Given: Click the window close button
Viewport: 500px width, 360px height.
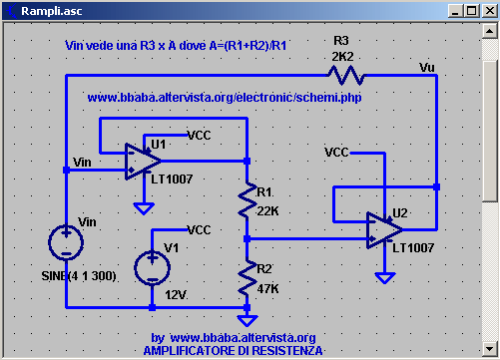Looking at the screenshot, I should [x=487, y=10].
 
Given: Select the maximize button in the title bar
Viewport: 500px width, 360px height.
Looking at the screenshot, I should [x=470, y=10].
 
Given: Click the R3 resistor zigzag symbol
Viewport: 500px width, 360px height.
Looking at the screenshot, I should [x=343, y=75].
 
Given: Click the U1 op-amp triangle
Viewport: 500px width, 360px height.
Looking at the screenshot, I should [x=143, y=160].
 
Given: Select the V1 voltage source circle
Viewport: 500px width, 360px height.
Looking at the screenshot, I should [x=152, y=265].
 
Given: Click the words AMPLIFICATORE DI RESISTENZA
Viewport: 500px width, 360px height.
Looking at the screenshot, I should [x=233, y=351].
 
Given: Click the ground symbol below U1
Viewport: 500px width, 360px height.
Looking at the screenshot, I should [x=144, y=208].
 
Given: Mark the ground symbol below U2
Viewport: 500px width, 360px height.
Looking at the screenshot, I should [x=381, y=278].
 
